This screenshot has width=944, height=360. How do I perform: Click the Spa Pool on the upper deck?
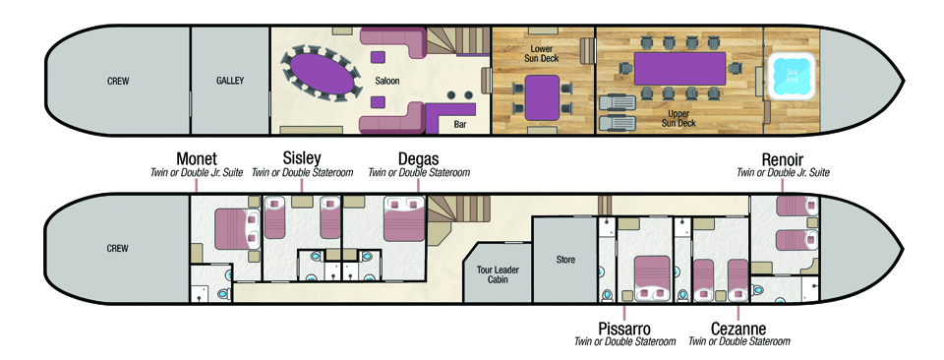tap(791, 76)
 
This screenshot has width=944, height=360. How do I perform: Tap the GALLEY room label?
tap(230, 81)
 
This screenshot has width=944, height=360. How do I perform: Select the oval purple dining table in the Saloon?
tap(318, 72)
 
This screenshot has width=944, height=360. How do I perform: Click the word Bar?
tap(461, 125)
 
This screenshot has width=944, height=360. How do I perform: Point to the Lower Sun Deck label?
tap(546, 53)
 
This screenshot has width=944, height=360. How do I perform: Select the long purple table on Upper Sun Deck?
tap(679, 69)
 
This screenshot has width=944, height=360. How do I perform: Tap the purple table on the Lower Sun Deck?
tap(542, 97)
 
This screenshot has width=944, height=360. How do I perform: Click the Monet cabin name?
tap(197, 159)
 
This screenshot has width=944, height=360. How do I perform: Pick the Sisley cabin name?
tap(302, 158)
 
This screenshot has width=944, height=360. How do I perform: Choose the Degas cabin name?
tap(419, 159)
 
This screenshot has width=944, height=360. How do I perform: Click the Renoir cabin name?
tap(783, 159)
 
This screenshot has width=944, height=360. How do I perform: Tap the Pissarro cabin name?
tap(624, 329)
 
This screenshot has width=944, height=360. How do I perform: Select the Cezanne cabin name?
tap(738, 329)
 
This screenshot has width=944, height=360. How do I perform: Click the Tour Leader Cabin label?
tap(498, 274)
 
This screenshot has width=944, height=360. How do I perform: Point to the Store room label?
tap(565, 260)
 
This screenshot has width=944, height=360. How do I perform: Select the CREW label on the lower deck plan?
tap(117, 248)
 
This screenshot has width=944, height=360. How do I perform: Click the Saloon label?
tap(386, 81)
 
